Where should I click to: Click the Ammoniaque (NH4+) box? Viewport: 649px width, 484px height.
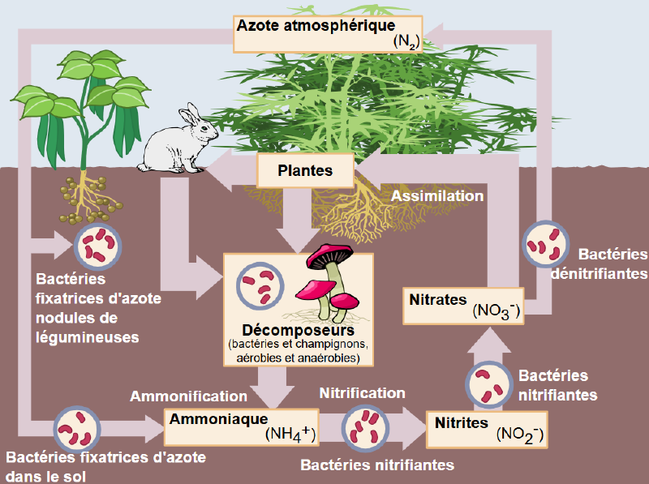(x=241, y=426)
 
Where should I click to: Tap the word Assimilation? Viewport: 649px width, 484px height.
(x=438, y=196)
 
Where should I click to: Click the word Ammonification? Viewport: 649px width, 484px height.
(x=188, y=396)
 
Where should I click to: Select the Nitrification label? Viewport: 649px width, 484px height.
(x=362, y=393)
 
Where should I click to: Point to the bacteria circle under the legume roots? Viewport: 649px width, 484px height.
(x=97, y=246)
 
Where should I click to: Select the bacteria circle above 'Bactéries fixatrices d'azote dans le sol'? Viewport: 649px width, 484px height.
(x=77, y=429)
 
